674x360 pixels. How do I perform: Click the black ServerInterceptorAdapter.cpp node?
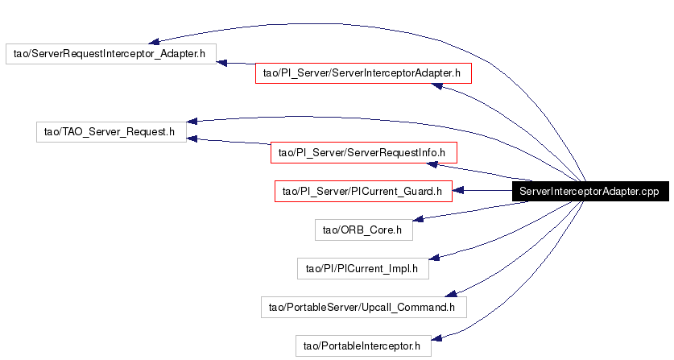coord(590,191)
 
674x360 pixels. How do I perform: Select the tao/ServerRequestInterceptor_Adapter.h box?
coord(111,54)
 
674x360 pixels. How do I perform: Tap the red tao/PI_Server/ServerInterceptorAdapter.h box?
coord(363,73)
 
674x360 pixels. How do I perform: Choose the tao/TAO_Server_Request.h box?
coord(111,131)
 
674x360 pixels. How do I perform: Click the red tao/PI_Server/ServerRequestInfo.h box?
coord(364,153)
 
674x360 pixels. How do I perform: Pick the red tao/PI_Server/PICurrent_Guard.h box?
coord(363,191)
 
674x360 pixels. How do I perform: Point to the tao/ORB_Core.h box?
coord(364,230)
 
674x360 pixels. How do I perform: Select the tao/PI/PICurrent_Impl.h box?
coord(363,268)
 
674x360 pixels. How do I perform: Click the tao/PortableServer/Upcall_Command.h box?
coord(364,307)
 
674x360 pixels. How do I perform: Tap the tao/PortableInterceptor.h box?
coord(363,346)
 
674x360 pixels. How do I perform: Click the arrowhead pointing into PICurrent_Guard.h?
coord(457,190)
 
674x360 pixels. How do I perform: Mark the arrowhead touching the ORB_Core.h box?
coord(418,219)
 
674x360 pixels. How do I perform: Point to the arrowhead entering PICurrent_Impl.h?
coord(434,257)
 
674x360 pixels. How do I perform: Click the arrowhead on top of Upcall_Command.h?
coord(451,293)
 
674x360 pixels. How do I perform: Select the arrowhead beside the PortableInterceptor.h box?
coord(436,338)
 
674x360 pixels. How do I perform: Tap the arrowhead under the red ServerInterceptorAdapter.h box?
coord(436,86)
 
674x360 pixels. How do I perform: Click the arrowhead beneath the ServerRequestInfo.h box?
coord(432,165)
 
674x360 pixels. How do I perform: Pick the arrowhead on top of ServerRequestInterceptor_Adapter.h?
coord(154,41)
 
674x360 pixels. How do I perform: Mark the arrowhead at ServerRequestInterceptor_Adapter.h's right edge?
coord(221,64)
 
